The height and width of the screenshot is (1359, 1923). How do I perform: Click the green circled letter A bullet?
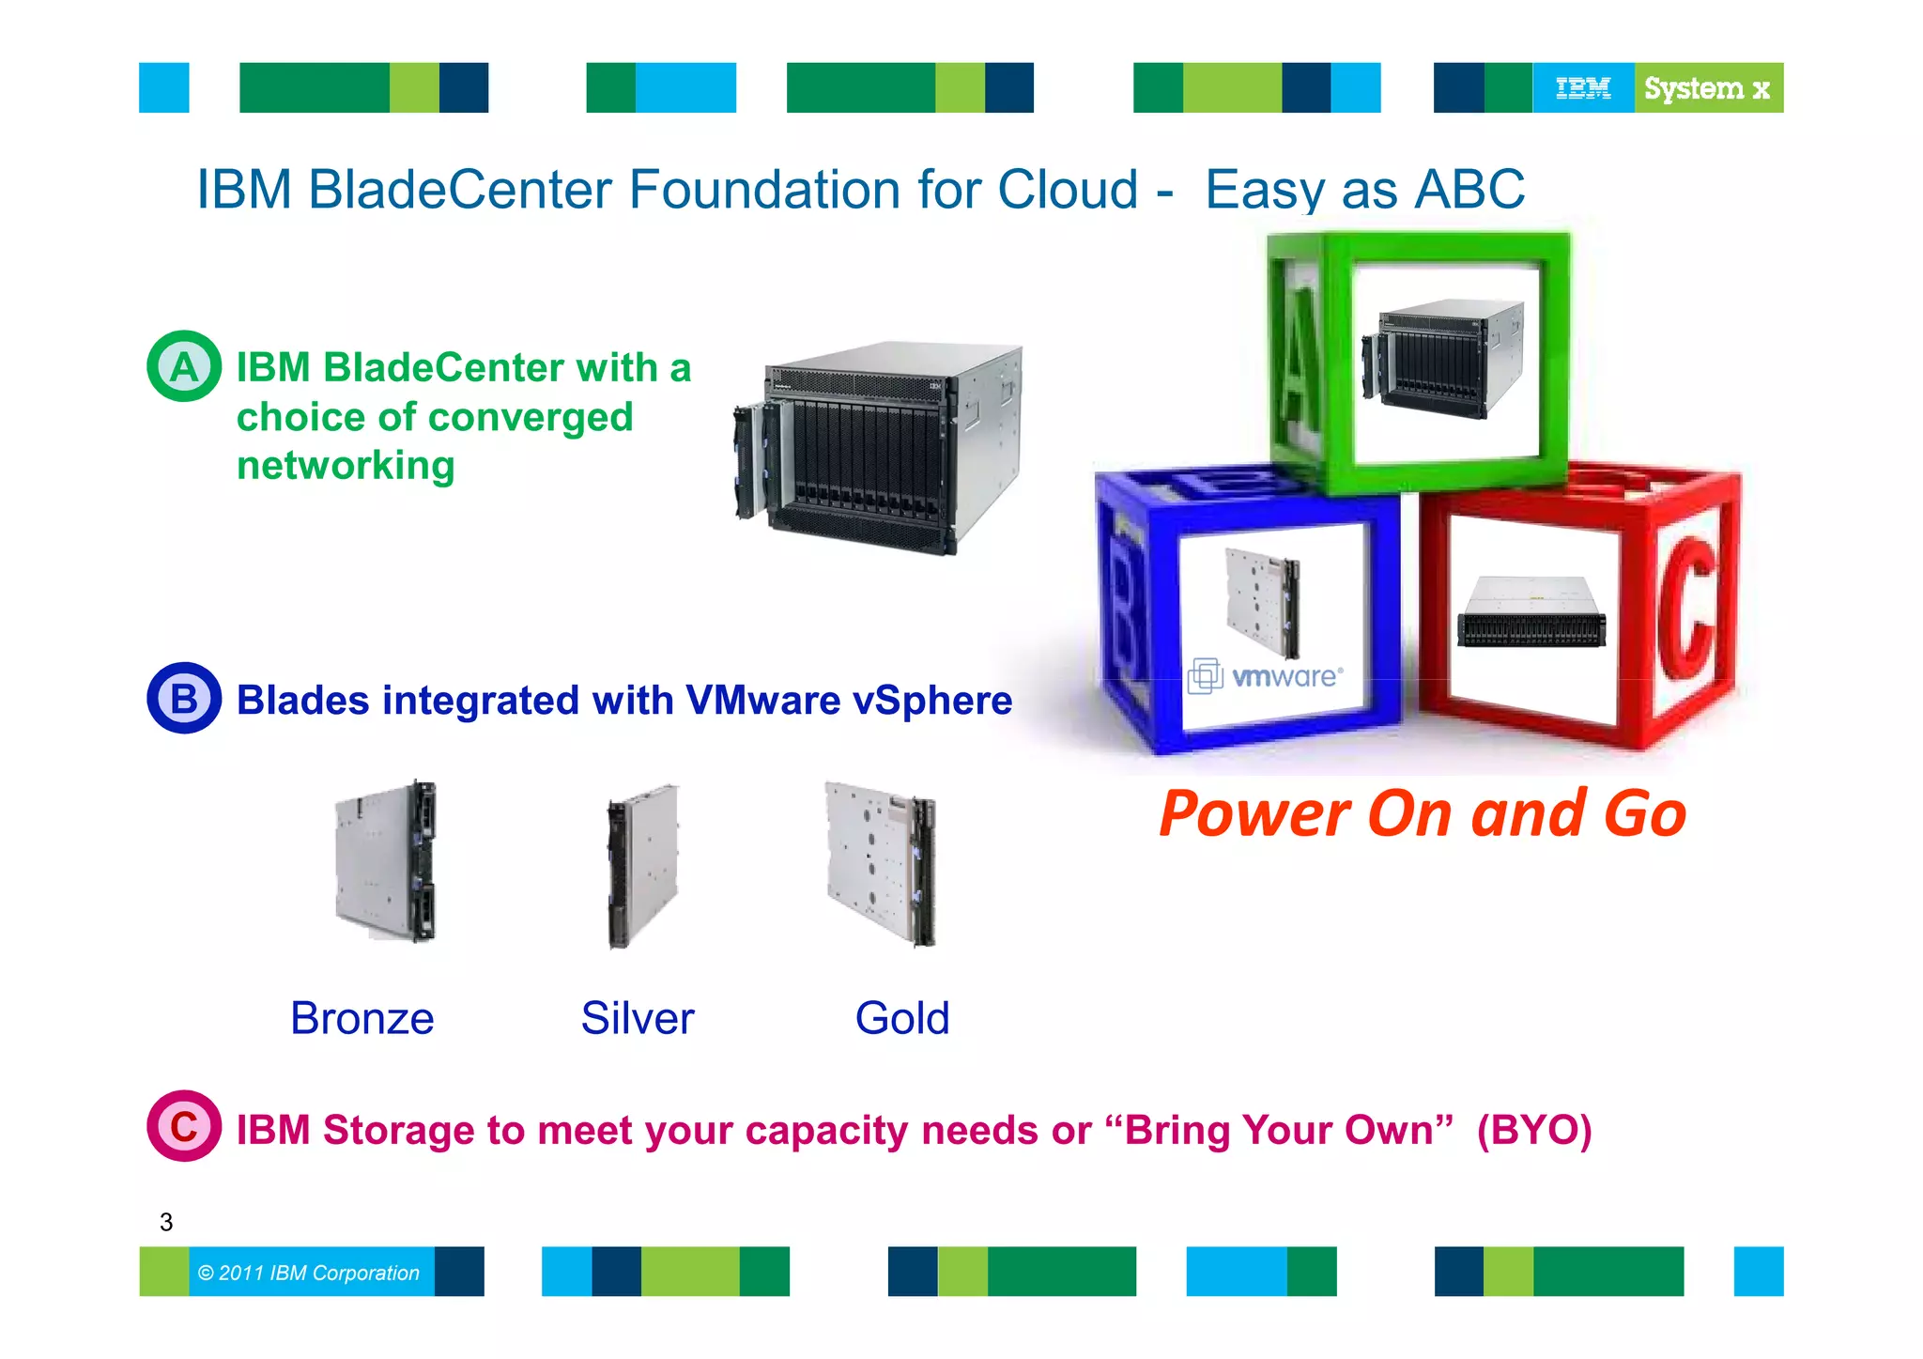click(184, 366)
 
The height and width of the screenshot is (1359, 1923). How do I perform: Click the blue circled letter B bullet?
click(184, 699)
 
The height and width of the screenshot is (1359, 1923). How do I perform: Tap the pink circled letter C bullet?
click(184, 1126)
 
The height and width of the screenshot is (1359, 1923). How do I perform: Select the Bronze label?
click(362, 1018)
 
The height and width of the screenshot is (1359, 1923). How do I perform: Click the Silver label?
click(638, 1018)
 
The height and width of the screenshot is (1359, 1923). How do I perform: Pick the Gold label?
click(902, 1018)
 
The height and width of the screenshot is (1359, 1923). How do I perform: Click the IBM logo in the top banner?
click(1583, 88)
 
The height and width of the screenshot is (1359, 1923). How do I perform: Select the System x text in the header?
click(1707, 88)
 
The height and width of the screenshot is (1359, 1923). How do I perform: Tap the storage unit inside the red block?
click(1531, 612)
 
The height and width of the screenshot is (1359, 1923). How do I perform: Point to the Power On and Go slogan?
click(1423, 813)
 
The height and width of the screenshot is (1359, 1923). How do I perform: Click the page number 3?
click(166, 1222)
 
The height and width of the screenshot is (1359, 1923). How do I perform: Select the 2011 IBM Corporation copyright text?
click(309, 1273)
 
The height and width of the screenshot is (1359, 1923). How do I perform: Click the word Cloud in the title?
click(1068, 190)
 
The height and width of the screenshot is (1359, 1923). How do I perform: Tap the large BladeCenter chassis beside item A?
click(880, 449)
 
